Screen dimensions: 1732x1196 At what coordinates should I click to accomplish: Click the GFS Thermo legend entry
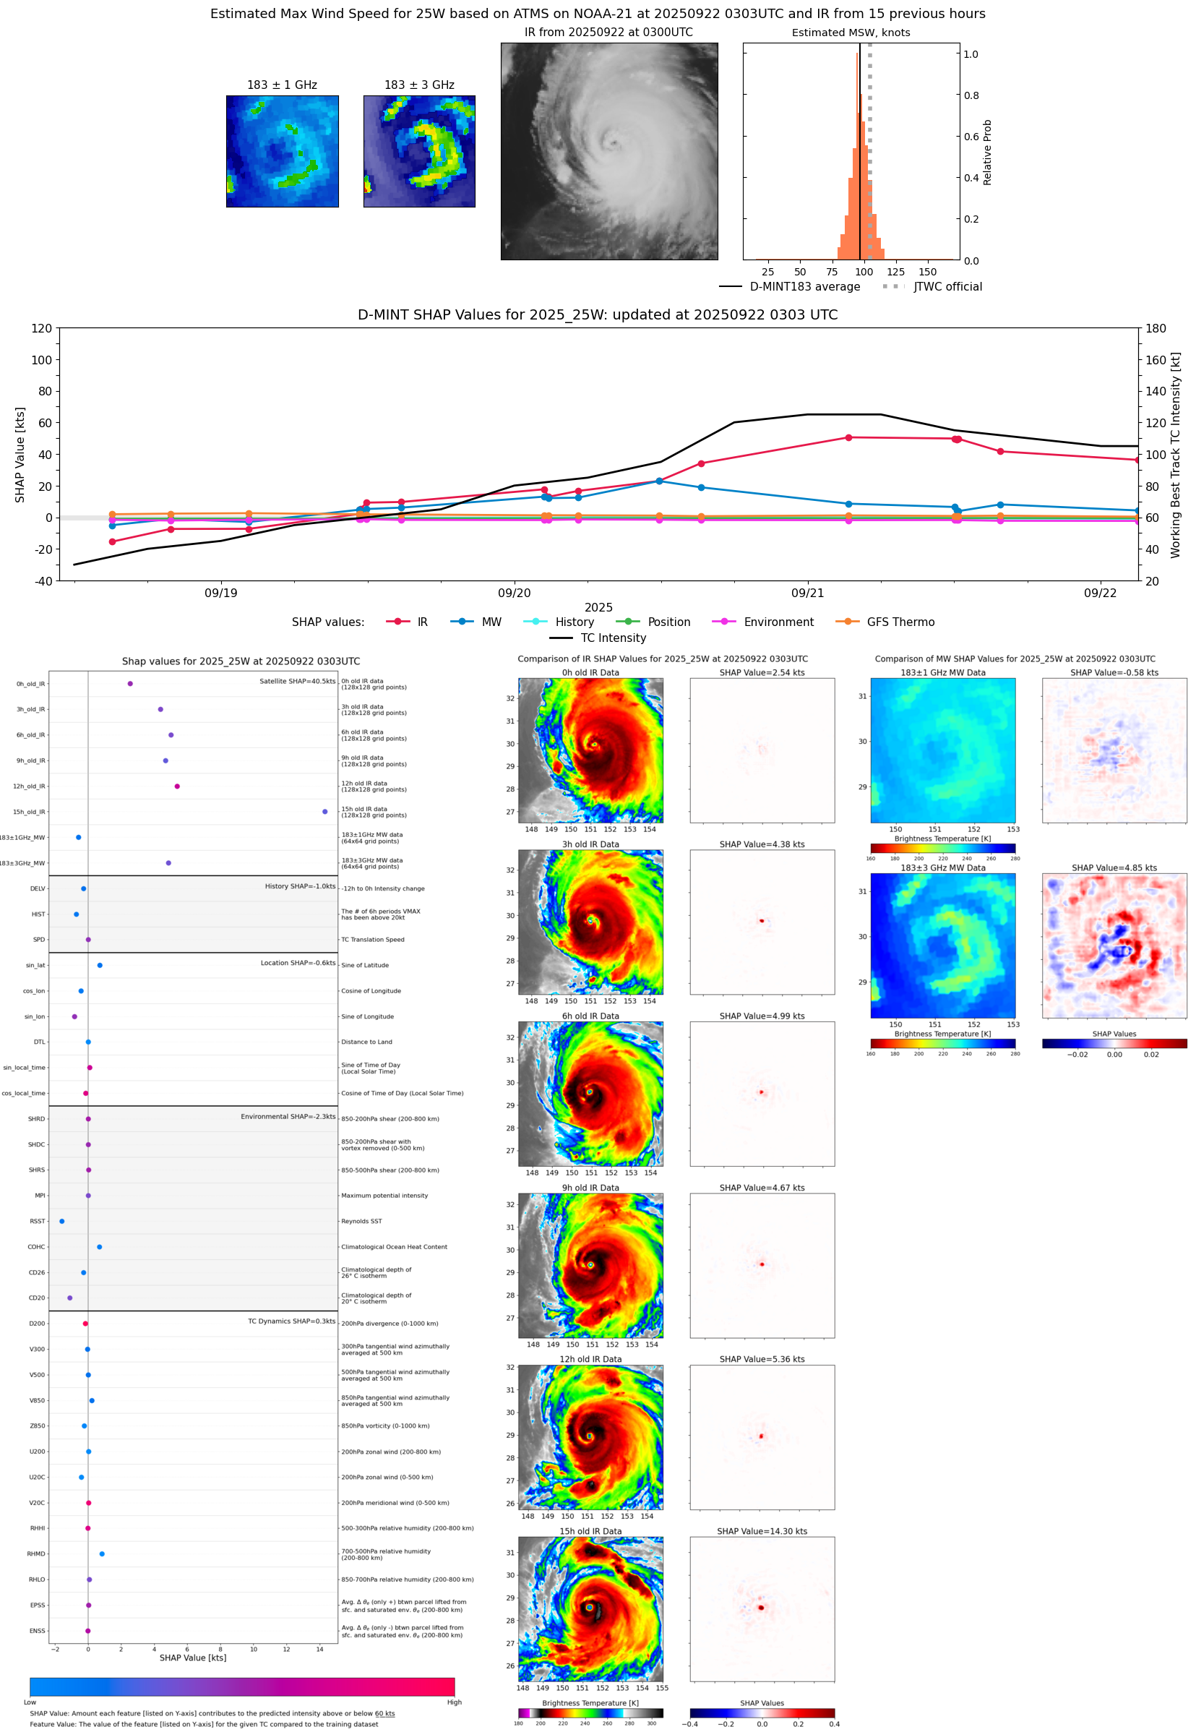click(900, 622)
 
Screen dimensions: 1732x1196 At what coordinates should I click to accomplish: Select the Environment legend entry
click(778, 622)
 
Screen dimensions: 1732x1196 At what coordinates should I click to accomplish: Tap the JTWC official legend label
click(947, 286)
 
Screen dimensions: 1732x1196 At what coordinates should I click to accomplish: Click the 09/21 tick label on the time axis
click(807, 593)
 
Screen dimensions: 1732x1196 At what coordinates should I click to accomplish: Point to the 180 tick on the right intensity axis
click(1156, 328)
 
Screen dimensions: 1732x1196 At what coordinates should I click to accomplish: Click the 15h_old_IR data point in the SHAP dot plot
click(324, 812)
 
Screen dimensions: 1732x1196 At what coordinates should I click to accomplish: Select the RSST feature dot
click(62, 1221)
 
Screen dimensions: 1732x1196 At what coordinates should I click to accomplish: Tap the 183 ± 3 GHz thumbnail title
click(419, 85)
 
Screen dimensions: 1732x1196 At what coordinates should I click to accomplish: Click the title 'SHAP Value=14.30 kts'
click(762, 1531)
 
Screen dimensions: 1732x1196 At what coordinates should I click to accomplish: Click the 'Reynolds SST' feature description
click(361, 1221)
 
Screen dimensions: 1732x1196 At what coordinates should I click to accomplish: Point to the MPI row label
click(40, 1196)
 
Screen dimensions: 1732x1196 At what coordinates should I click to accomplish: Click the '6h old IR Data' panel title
click(590, 1016)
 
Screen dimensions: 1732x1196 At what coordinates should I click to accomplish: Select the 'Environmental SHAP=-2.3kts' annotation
click(288, 1116)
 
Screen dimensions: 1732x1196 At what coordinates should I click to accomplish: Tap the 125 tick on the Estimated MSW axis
click(895, 272)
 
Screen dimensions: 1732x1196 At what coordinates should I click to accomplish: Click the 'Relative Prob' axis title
click(987, 152)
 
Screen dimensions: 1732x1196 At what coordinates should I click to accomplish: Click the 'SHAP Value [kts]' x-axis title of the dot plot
click(193, 1658)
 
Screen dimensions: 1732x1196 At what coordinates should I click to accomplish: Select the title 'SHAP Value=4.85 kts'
click(1114, 868)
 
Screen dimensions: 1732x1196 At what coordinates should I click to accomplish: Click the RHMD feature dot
click(102, 1553)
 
